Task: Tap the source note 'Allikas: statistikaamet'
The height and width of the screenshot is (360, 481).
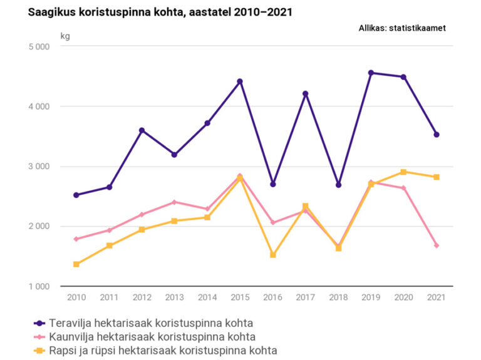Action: click(x=402, y=28)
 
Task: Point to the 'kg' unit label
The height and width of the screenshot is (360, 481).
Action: click(x=65, y=36)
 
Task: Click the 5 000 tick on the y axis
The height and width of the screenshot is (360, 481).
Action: click(x=39, y=47)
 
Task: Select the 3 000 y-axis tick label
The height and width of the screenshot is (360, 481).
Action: click(x=39, y=167)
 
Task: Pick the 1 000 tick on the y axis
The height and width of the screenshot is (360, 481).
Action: click(x=39, y=287)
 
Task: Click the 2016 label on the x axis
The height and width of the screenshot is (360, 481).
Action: click(x=273, y=297)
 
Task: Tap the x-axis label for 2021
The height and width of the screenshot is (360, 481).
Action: click(x=437, y=297)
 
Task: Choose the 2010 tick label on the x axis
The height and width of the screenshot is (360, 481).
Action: click(x=76, y=297)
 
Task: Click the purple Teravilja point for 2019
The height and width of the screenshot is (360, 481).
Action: click(x=371, y=73)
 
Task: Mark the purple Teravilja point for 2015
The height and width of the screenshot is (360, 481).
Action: click(x=240, y=81)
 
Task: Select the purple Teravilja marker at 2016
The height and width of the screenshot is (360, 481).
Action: click(x=273, y=184)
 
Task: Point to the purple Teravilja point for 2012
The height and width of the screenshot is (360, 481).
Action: click(x=142, y=130)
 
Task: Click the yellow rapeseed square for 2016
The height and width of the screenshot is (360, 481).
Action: click(x=273, y=255)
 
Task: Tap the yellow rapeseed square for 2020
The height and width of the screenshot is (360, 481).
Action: click(x=404, y=172)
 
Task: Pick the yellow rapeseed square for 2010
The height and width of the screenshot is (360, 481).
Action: click(x=76, y=264)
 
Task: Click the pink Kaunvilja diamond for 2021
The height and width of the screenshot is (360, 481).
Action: click(x=437, y=245)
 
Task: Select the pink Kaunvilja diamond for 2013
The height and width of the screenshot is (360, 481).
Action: click(x=175, y=202)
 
